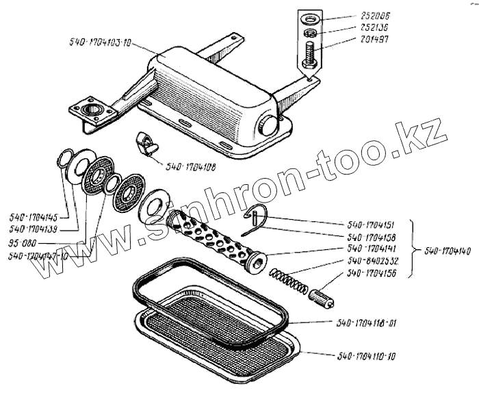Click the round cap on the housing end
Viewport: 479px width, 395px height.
[x=270, y=125]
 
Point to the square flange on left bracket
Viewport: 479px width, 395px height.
[x=90, y=110]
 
